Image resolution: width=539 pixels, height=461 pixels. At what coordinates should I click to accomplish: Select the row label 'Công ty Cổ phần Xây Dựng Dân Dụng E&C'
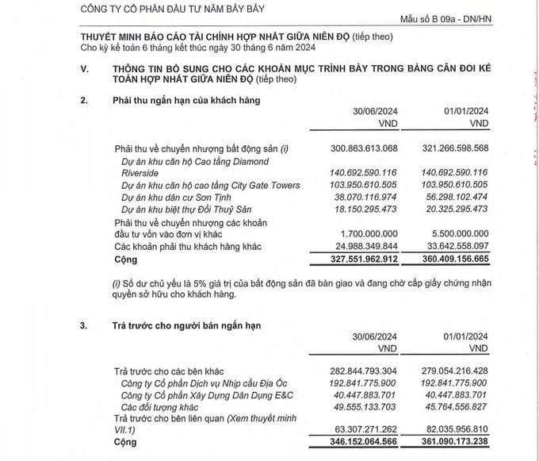[x=208, y=396]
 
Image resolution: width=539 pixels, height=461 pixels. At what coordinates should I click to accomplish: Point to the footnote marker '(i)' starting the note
[x=119, y=282]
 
